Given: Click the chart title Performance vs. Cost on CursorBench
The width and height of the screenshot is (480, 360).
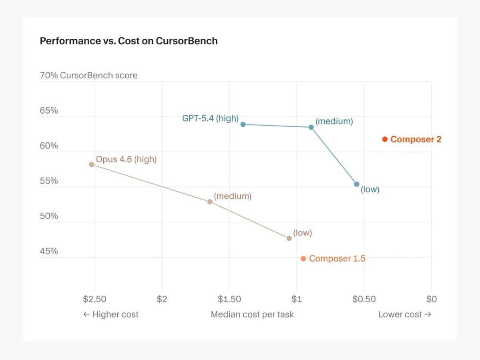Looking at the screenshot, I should (x=129, y=41).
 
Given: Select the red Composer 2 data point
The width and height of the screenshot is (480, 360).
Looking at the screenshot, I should (x=385, y=139).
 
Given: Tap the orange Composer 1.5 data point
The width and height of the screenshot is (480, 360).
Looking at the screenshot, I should (x=303, y=259).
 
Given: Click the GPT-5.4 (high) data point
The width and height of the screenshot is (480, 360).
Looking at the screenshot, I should (x=243, y=124).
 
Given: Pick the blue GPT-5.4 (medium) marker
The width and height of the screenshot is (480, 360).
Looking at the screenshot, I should (x=311, y=127).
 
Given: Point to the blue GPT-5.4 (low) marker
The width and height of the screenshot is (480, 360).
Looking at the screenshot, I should (x=357, y=184).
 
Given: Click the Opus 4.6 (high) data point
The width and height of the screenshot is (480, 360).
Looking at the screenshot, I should (x=92, y=164).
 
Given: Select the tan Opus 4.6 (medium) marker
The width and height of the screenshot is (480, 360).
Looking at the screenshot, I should (x=210, y=202).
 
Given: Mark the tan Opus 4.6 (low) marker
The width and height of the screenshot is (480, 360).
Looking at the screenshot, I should (x=289, y=238).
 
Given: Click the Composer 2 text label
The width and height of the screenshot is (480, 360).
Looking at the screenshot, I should (x=416, y=139).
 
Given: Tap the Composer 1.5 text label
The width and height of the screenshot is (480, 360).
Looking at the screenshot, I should (x=337, y=259).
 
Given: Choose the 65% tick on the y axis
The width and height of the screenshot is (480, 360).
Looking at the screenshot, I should (x=49, y=111).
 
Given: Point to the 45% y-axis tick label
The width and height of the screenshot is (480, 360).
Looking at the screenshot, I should (x=49, y=251).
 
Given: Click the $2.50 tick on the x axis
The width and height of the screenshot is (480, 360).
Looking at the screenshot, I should (x=94, y=299).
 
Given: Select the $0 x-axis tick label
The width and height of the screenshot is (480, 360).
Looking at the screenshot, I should (x=431, y=299).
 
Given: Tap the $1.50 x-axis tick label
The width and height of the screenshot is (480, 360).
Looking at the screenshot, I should (x=229, y=299).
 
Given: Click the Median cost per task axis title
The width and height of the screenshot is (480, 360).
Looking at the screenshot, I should (x=252, y=314).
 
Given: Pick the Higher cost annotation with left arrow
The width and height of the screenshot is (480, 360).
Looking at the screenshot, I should (x=110, y=314).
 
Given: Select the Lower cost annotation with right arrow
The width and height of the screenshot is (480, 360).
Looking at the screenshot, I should (x=405, y=314).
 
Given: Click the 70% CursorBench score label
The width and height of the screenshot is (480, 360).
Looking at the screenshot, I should (x=88, y=75).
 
